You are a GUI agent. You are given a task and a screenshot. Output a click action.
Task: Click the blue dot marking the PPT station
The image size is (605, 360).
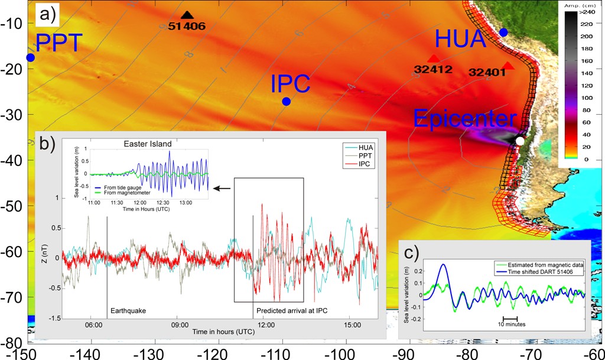(30, 57)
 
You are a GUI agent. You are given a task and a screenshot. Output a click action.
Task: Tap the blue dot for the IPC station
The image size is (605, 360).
(286, 101)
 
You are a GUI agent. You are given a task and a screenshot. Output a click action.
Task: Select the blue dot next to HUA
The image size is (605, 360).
(503, 31)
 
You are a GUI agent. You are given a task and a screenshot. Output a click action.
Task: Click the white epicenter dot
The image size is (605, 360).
(519, 141)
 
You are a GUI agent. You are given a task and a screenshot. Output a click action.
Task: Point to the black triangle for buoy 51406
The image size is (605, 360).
(187, 15)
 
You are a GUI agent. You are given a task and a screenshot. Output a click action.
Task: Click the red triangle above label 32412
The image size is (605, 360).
(434, 58)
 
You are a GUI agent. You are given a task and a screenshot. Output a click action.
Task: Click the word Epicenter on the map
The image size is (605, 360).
(464, 119)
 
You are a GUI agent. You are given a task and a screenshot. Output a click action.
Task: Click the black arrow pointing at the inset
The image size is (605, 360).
(222, 189)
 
